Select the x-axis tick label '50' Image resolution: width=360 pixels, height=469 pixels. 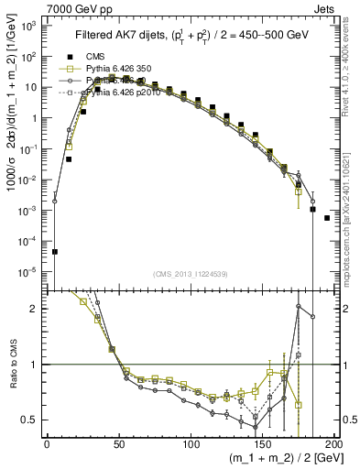coord(118,444)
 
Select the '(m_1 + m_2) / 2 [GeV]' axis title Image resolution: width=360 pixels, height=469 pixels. coord(283,459)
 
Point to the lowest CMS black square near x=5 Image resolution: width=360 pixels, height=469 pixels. coord(55,251)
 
